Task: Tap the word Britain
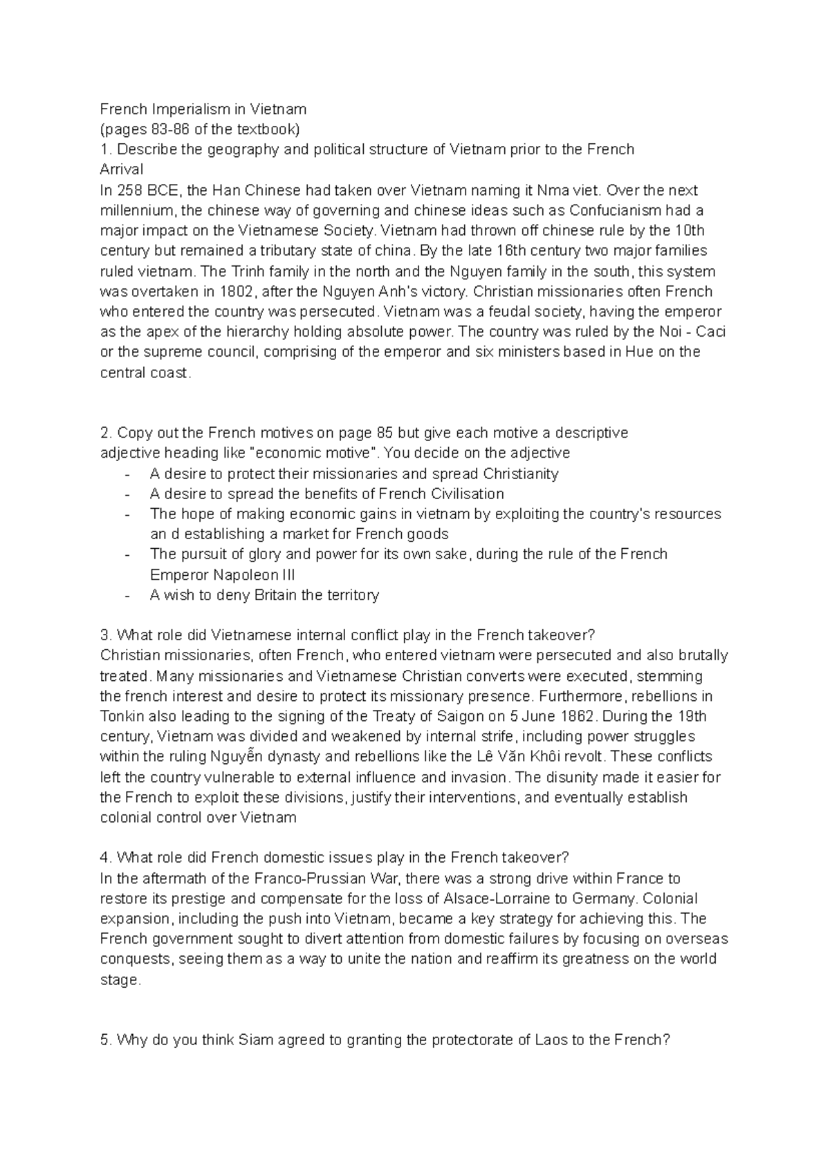tap(277, 595)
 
